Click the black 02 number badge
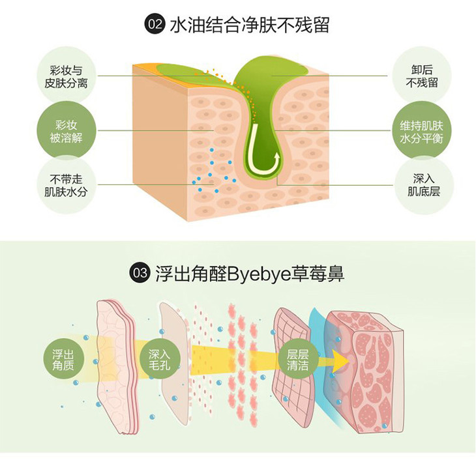tap(155, 25)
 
